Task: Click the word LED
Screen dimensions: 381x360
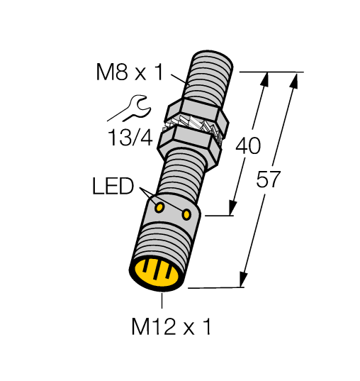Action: pos(113,187)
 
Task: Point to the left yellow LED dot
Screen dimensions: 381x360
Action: pos(160,207)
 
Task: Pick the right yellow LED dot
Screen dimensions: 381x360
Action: pos(186,214)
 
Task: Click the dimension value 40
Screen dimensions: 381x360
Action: pos(247,146)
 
